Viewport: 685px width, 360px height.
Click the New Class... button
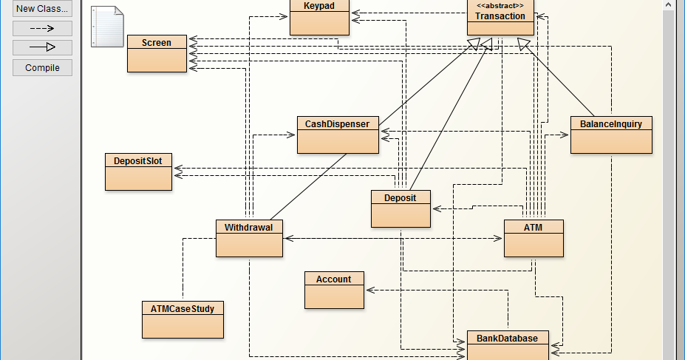pyautogui.click(x=42, y=8)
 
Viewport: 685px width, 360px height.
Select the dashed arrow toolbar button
pyautogui.click(x=42, y=28)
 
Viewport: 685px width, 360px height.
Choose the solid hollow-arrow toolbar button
pyautogui.click(x=42, y=47)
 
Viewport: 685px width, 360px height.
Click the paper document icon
pyautogui.click(x=107, y=26)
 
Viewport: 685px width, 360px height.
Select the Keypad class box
pyautogui.click(x=320, y=18)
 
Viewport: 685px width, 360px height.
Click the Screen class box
pyautogui.click(x=157, y=54)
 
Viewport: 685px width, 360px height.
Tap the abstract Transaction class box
pyautogui.click(x=501, y=18)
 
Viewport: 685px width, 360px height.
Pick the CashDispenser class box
pyautogui.click(x=338, y=135)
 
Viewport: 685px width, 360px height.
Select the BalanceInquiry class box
pyautogui.click(x=611, y=135)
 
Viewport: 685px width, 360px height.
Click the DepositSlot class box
pyautogui.click(x=138, y=171)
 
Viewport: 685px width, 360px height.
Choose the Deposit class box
pyautogui.click(x=401, y=209)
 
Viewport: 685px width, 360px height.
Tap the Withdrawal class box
pyautogui.click(x=249, y=239)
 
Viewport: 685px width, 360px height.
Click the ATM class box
pyautogui.click(x=534, y=239)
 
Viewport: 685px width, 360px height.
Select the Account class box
pyautogui.click(x=334, y=290)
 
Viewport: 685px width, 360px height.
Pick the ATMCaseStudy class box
pyautogui.click(x=183, y=320)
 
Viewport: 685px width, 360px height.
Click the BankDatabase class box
pyautogui.click(x=508, y=345)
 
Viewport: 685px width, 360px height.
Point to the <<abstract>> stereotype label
pyautogui.click(x=500, y=6)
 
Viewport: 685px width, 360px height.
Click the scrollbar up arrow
pyautogui.click(x=669, y=5)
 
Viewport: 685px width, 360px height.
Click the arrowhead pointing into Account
pyautogui.click(x=370, y=290)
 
